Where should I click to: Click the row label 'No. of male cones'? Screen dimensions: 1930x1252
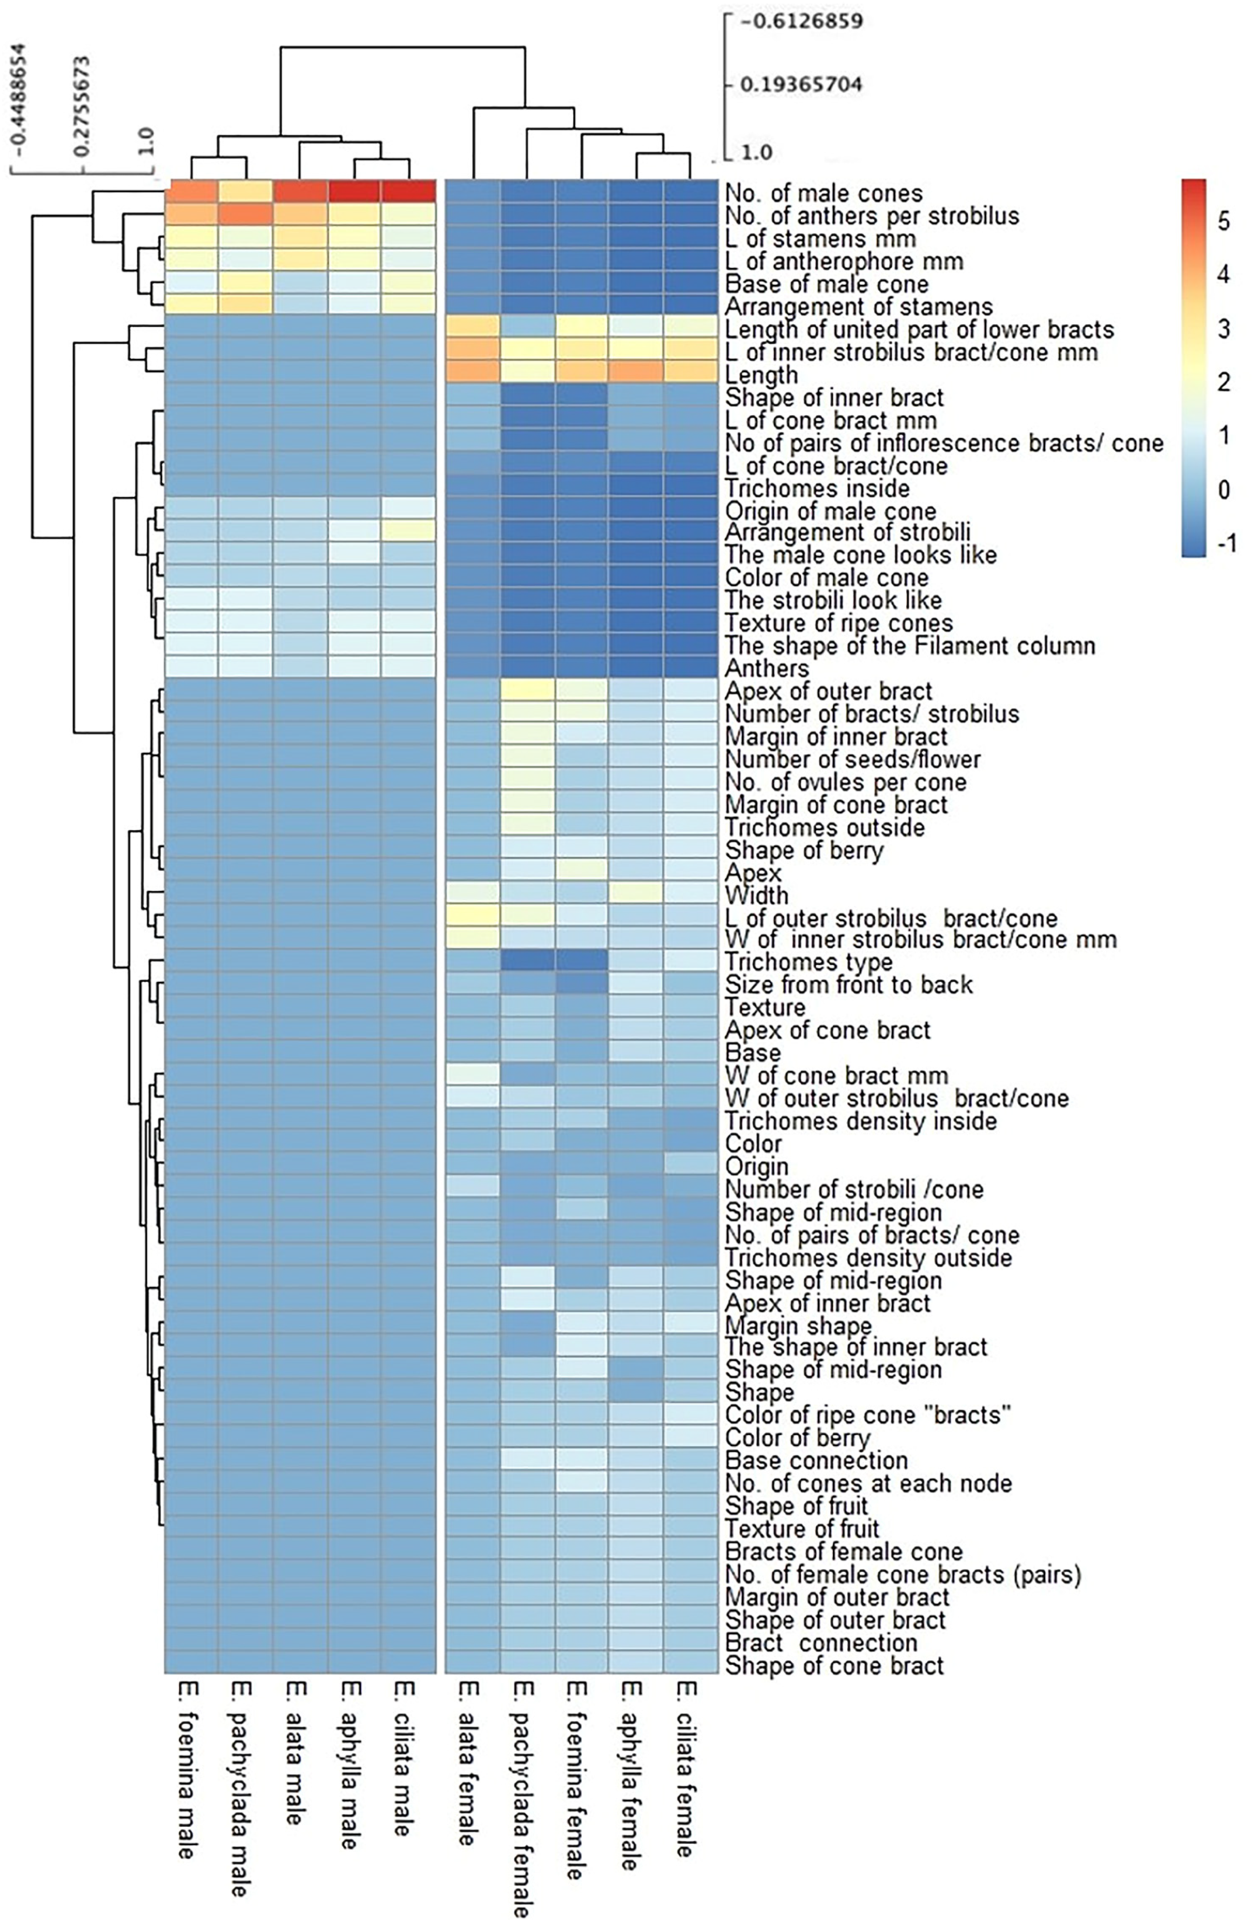(x=823, y=194)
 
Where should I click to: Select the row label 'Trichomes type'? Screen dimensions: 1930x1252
(x=809, y=962)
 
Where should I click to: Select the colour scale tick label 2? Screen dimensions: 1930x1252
(x=1224, y=382)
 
